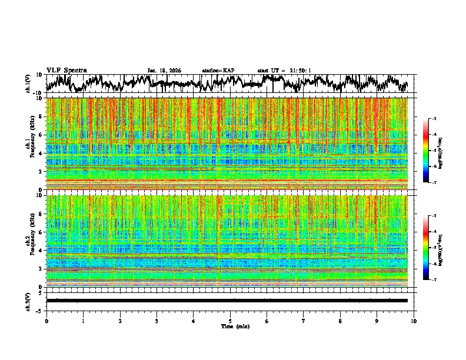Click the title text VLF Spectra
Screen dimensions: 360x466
(x=66, y=70)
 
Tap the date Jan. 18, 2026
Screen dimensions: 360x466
(x=164, y=71)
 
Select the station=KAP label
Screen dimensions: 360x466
(x=218, y=71)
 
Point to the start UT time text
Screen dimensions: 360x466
(x=284, y=71)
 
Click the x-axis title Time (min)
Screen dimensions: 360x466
(x=230, y=326)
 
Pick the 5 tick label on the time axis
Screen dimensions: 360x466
(x=230, y=321)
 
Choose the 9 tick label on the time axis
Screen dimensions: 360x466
(x=377, y=321)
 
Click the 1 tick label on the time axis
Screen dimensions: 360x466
(x=83, y=321)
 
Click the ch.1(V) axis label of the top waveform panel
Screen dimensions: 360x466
(x=29, y=84)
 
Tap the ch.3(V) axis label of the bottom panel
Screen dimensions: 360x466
(x=29, y=301)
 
